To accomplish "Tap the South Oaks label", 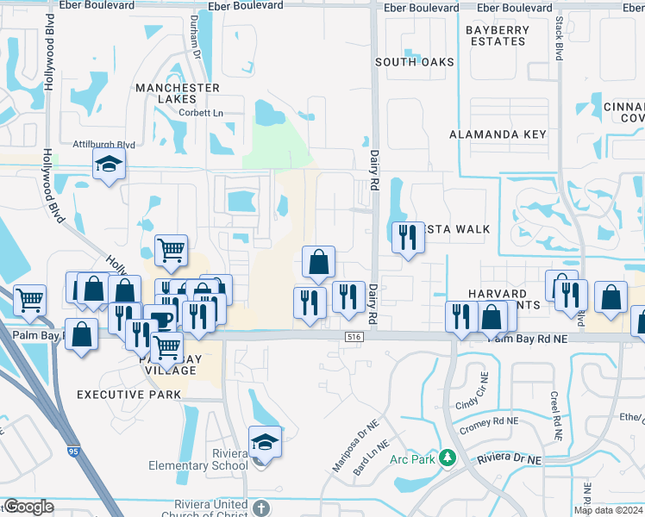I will (415, 62).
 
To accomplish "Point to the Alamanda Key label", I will (498, 134).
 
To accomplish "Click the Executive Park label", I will (129, 395).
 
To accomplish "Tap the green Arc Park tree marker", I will (448, 457).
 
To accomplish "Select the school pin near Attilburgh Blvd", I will (110, 165).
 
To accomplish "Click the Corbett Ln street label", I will (200, 113).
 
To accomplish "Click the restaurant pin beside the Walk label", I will (407, 237).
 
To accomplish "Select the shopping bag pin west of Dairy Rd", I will (318, 261).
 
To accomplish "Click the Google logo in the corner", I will (28, 508).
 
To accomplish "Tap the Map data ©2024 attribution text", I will (608, 510).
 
